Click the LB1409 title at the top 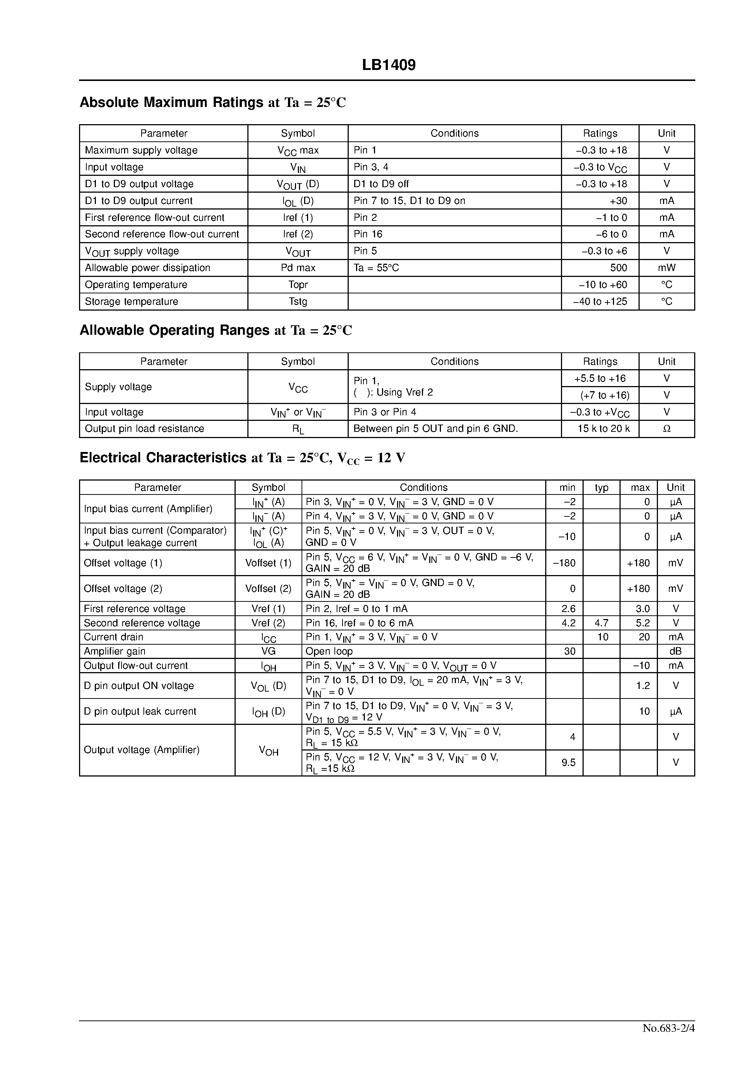(388, 65)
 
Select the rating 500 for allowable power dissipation (618, 268)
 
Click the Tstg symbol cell (297, 301)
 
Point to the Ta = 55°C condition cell (376, 268)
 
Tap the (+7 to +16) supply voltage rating (605, 395)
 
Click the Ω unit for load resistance (666, 429)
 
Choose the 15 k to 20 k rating (603, 429)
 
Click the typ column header (601, 488)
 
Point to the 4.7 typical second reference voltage (601, 623)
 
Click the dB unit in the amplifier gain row (675, 651)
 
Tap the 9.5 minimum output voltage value (569, 762)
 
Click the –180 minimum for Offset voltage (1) (564, 563)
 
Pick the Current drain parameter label (113, 637)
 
